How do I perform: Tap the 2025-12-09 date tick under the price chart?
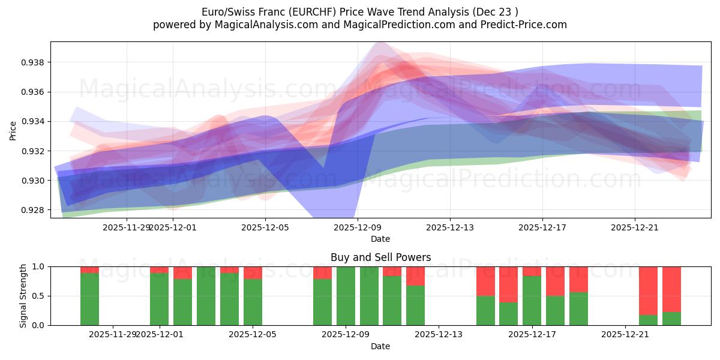(x=358, y=227)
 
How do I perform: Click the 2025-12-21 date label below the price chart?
(x=635, y=227)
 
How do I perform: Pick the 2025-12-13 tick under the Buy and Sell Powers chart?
(x=439, y=334)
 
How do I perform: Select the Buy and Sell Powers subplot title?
(x=380, y=257)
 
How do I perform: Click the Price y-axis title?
(x=13, y=131)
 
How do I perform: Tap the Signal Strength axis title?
(x=23, y=296)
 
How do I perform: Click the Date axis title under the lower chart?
(x=380, y=346)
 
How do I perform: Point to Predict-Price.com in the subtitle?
(x=520, y=25)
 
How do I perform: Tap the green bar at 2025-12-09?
(x=346, y=296)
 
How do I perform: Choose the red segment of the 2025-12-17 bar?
(x=532, y=271)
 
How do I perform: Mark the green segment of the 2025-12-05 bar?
(x=253, y=302)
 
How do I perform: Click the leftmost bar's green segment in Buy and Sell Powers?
(x=89, y=299)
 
